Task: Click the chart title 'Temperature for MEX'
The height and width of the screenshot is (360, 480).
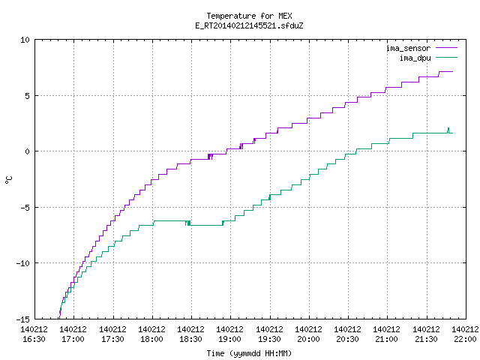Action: coord(249,16)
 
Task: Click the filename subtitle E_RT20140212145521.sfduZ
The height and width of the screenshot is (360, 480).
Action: coord(249,25)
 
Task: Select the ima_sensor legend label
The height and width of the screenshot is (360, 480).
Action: coord(408,48)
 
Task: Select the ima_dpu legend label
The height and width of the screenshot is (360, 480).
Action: coord(415,58)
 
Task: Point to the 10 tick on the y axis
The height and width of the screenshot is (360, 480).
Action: coord(25,40)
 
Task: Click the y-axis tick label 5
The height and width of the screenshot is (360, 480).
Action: coord(28,96)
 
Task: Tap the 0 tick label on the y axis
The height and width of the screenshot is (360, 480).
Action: coord(28,151)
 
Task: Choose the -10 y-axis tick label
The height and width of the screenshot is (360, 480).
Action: coord(23,263)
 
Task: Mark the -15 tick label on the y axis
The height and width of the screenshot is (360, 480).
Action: coord(23,319)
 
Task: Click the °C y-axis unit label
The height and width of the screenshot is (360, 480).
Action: coord(9,180)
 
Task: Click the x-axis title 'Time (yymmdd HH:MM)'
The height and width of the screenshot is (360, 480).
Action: coord(249,353)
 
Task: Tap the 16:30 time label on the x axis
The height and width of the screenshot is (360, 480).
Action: coord(34,339)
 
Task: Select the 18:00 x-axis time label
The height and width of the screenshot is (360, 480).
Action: coord(151,339)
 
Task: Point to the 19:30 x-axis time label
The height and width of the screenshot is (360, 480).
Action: coord(269,339)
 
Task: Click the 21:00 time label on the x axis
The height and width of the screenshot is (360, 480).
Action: coord(387,339)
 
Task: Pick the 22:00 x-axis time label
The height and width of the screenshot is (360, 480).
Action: coord(465,339)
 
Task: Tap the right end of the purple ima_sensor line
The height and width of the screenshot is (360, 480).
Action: coord(452,72)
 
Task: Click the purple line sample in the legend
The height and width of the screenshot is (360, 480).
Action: coord(446,48)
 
